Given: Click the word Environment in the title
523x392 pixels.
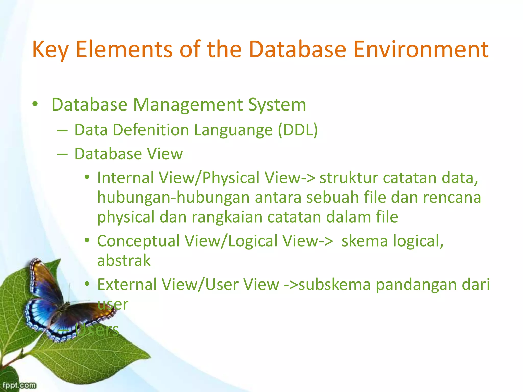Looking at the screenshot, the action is coord(421,49).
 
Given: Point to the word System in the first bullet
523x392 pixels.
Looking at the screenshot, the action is coord(277,105).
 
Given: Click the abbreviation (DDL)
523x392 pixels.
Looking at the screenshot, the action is coord(298,130).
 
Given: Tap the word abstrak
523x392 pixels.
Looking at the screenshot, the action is coord(124,261).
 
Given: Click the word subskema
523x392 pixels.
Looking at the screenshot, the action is coord(335,285).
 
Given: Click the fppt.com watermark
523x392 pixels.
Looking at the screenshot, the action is coord(19,385).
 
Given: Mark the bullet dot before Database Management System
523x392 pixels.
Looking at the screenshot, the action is coord(35,104).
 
